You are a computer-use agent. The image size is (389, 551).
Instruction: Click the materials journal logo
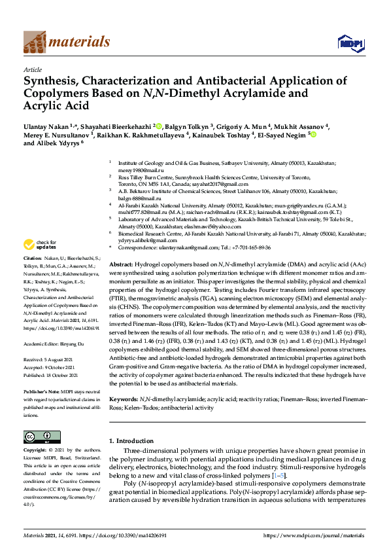[x=66, y=42]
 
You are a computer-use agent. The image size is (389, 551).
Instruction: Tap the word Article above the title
[x=33, y=69]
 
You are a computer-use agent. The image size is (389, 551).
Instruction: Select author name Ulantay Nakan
[x=48, y=126]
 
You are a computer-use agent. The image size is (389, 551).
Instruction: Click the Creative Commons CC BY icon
[x=38, y=436]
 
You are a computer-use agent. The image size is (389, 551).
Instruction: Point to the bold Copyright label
[x=36, y=451]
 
